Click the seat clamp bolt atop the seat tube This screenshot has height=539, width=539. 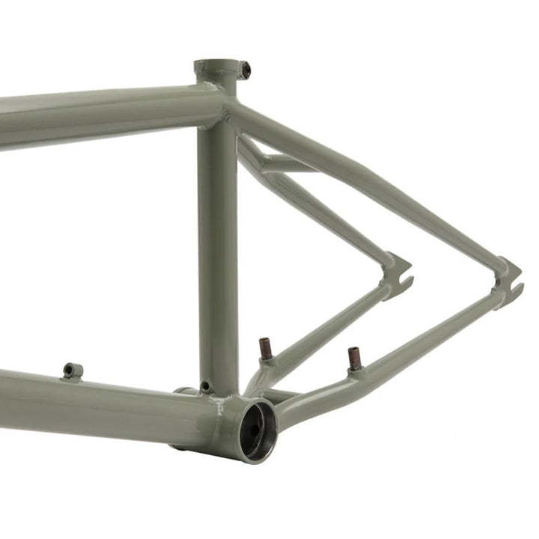click(x=245, y=70)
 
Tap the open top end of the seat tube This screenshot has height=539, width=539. click(x=214, y=66)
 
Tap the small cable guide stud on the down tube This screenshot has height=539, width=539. click(x=73, y=371)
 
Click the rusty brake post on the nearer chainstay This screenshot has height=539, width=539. click(x=354, y=359)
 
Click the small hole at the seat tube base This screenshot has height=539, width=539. click(x=205, y=387)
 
